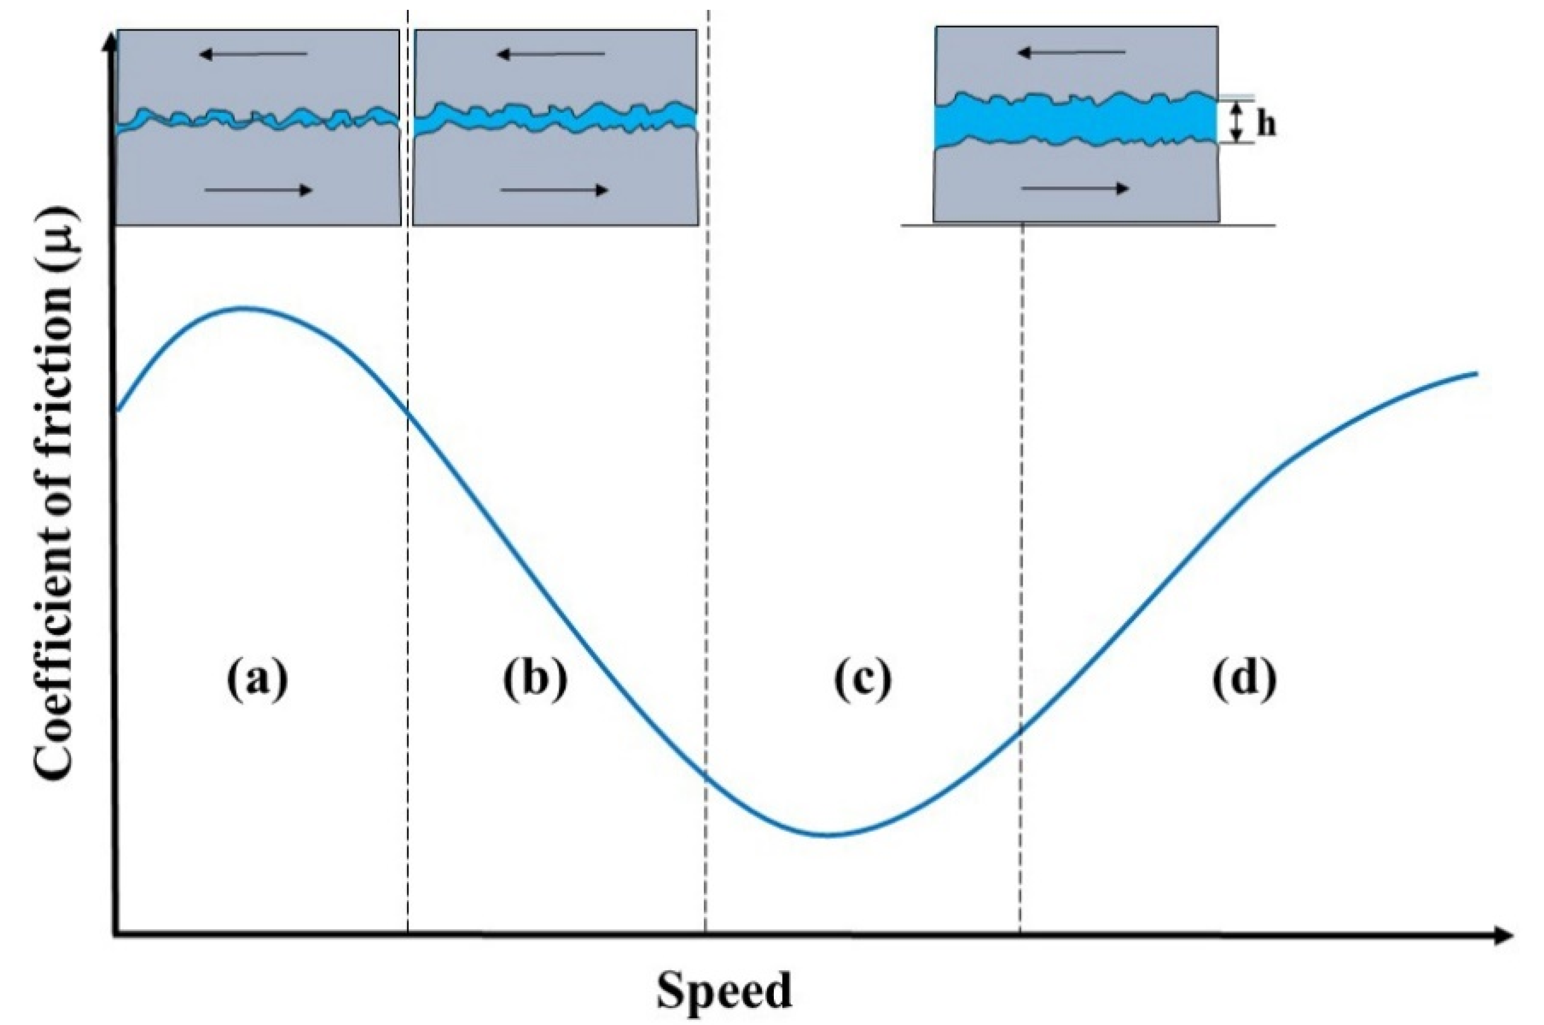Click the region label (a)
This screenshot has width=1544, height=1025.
pos(257,681)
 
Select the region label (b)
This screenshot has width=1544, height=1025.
pos(535,681)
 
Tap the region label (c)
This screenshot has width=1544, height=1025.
pos(862,681)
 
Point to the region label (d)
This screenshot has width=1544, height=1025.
pos(1244,681)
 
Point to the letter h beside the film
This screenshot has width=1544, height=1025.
pos(1266,125)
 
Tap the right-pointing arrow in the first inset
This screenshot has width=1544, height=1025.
pos(258,190)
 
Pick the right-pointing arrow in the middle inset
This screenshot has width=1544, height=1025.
pos(555,190)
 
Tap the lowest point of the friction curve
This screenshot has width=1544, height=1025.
pos(827,835)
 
